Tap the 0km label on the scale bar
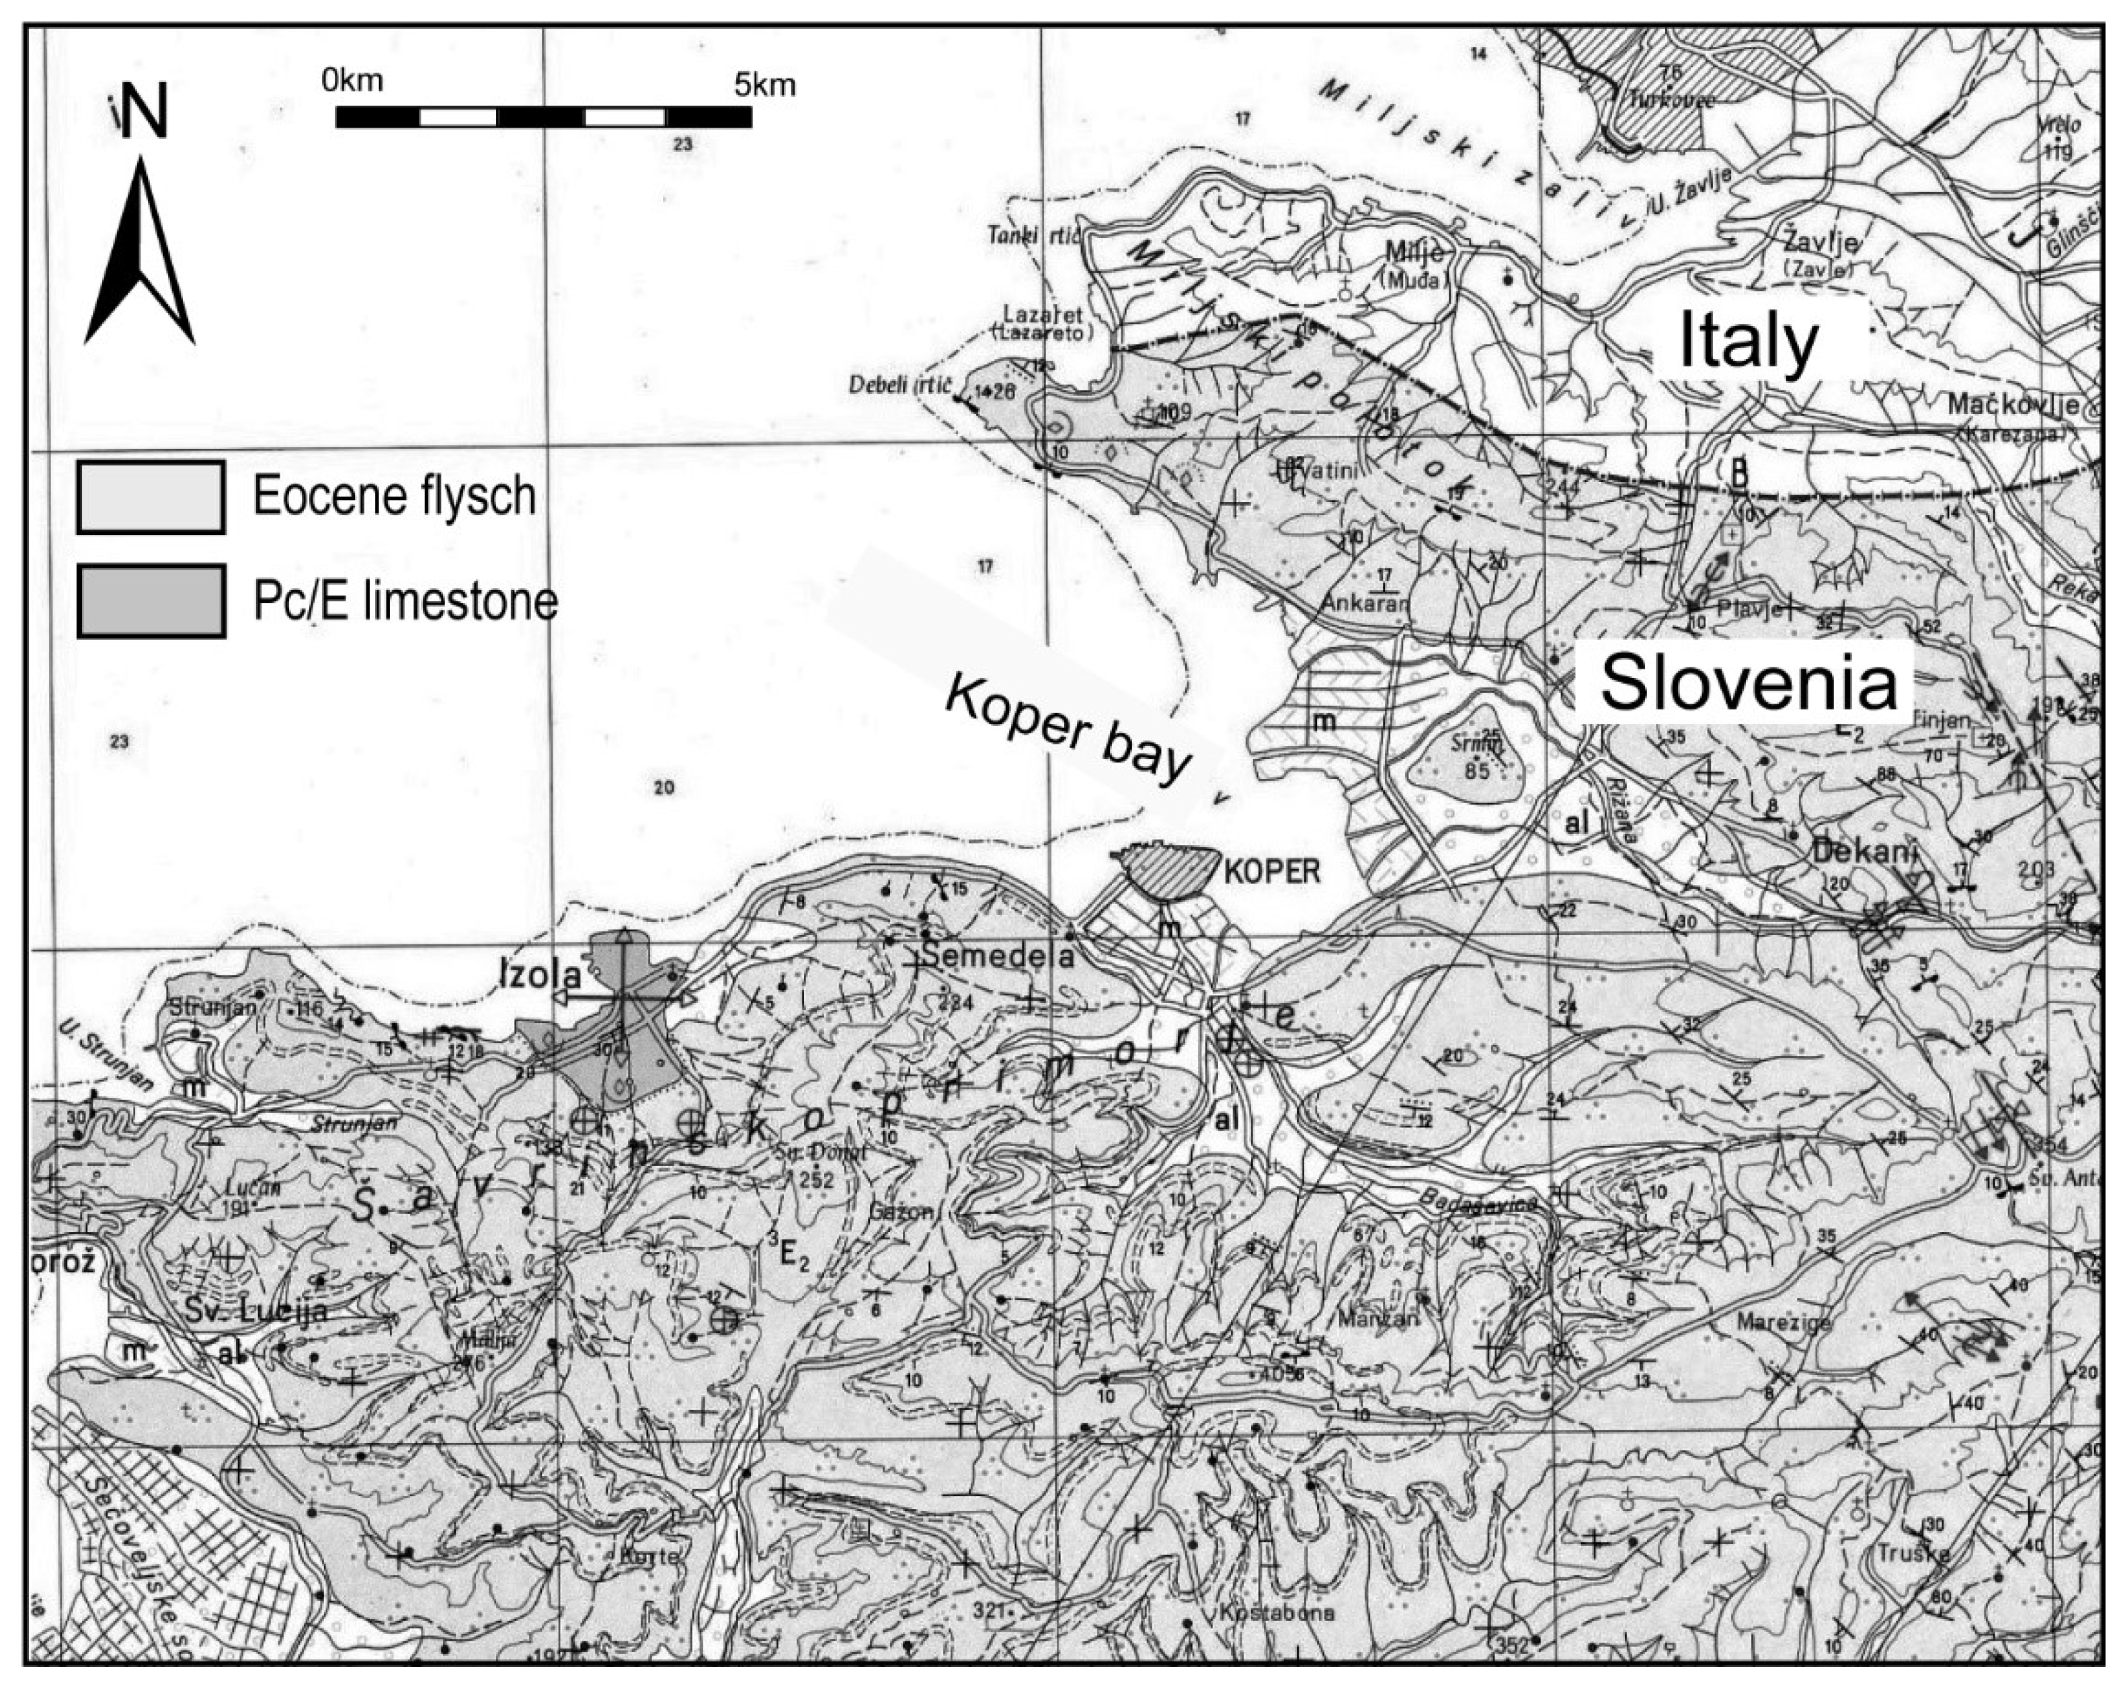(x=352, y=81)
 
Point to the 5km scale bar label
(x=764, y=85)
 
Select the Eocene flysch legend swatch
(x=151, y=497)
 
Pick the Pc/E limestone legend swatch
(x=151, y=601)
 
